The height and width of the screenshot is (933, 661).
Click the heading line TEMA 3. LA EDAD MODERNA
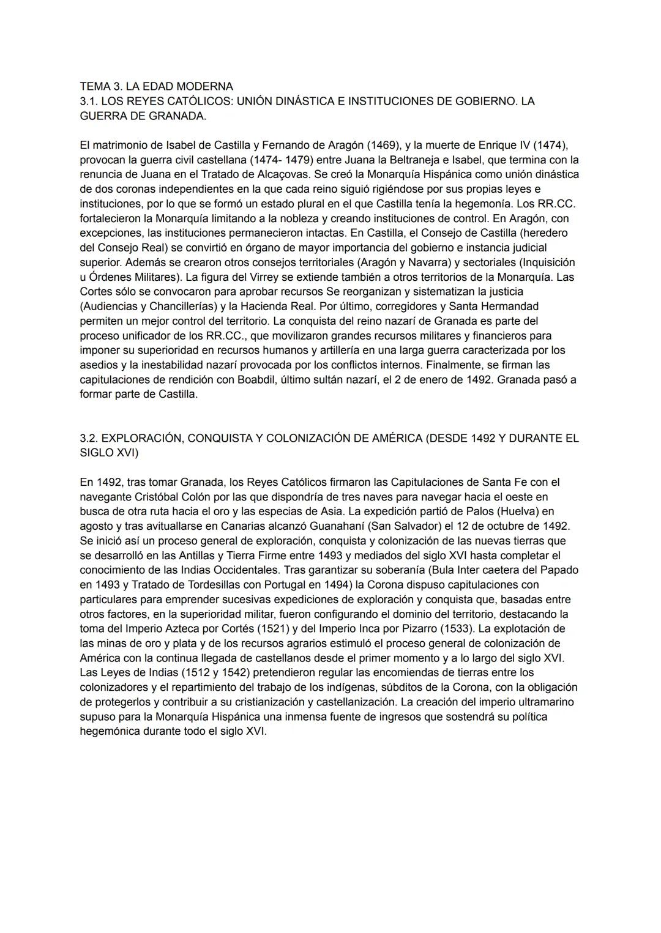(x=156, y=86)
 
